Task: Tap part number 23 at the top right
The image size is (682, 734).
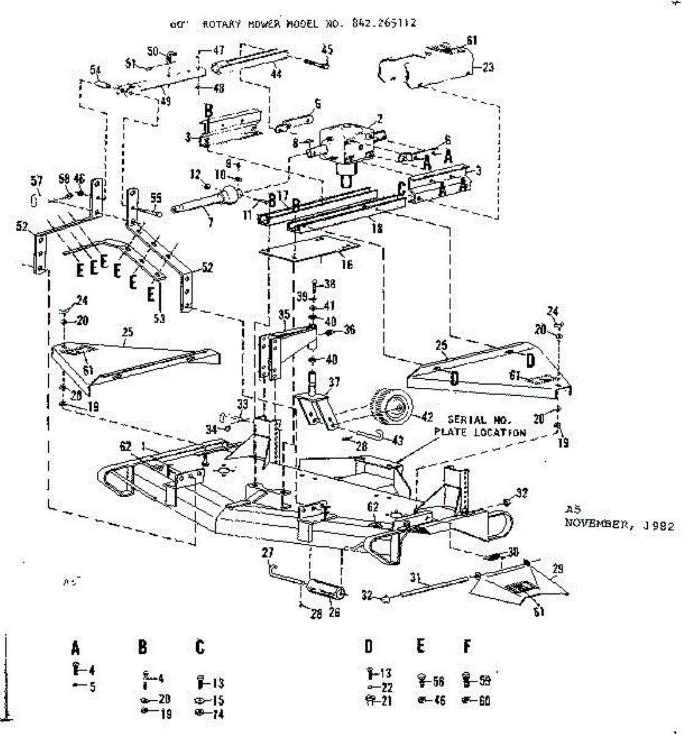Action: (x=488, y=67)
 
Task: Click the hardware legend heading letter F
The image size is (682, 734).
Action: (x=467, y=647)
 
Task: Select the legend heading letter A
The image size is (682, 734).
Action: (x=75, y=647)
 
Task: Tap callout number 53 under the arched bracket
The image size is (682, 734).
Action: (x=159, y=317)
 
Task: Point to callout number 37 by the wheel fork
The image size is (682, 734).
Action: (x=334, y=382)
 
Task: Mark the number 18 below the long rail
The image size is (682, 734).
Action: (x=377, y=228)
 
